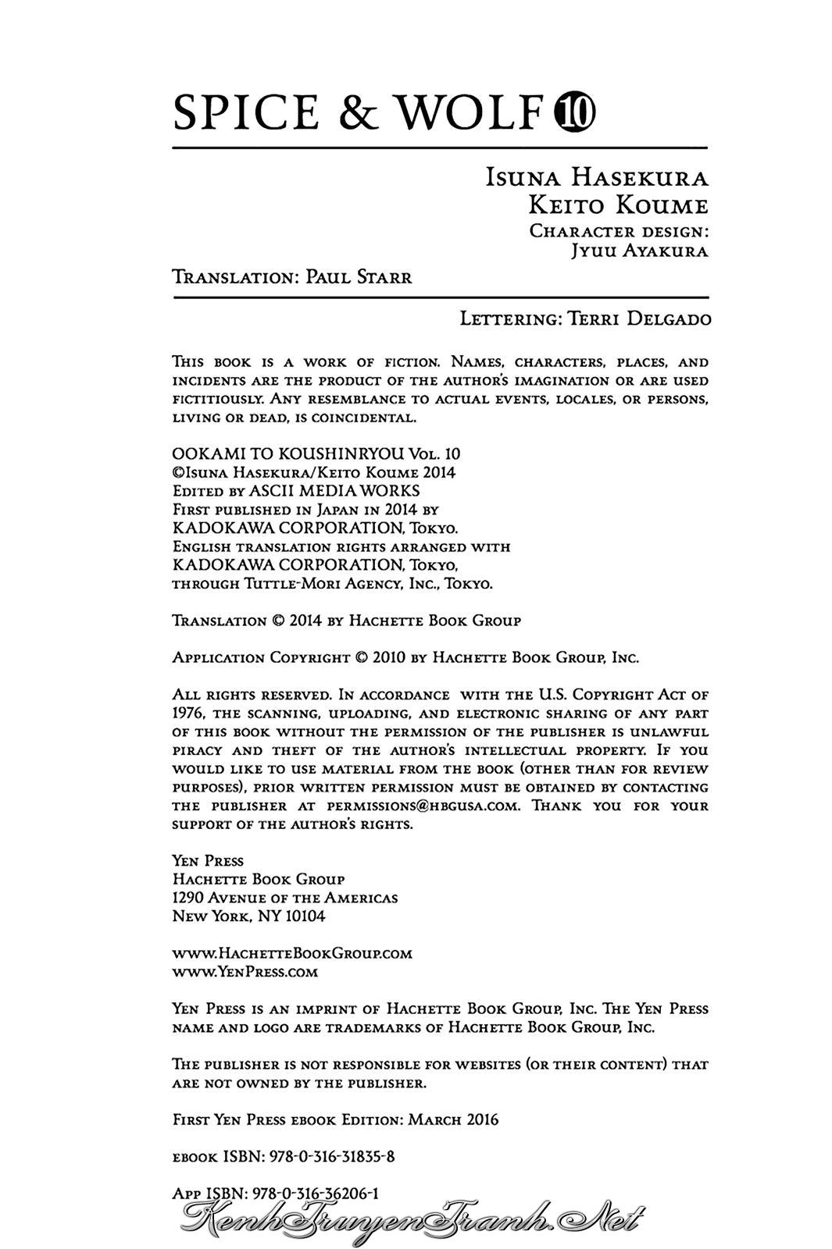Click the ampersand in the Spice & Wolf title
[x=359, y=113]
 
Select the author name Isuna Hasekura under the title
[x=597, y=178]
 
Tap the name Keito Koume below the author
[x=618, y=205]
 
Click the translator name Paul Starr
[x=359, y=277]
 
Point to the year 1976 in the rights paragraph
[x=187, y=713]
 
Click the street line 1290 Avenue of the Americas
[x=284, y=898]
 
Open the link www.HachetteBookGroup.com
[x=291, y=953]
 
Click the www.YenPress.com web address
[x=245, y=972]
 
